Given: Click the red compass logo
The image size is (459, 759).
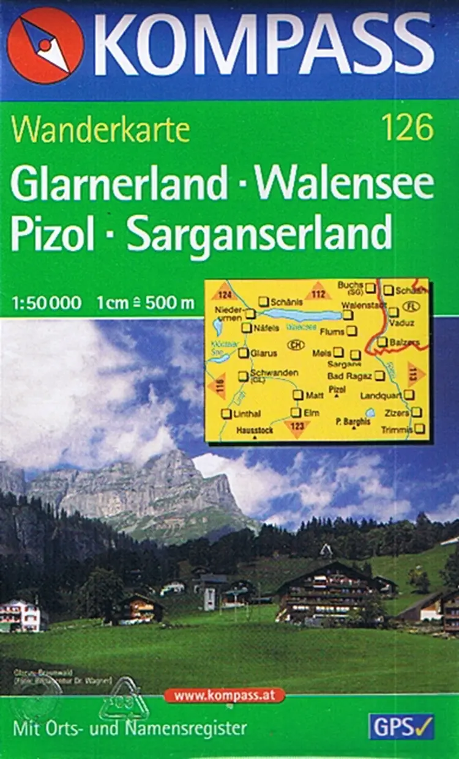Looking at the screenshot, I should (45, 46).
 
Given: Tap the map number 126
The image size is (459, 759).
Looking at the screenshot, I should (407, 130).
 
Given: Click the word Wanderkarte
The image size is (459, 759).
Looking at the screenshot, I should (100, 130).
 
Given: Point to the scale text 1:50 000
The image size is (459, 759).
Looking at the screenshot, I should (45, 302).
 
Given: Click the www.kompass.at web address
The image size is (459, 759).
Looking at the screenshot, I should (224, 695).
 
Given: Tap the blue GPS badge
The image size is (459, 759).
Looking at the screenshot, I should (401, 726).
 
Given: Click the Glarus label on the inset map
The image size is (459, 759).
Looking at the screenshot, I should (264, 353).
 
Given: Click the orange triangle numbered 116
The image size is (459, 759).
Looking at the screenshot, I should (217, 386).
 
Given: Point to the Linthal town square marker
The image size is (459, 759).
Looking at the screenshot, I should (226, 414).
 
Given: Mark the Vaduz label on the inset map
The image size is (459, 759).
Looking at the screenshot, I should (405, 322).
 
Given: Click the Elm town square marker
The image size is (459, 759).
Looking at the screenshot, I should (296, 413).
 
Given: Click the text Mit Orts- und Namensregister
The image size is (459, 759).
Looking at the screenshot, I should (130, 728).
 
